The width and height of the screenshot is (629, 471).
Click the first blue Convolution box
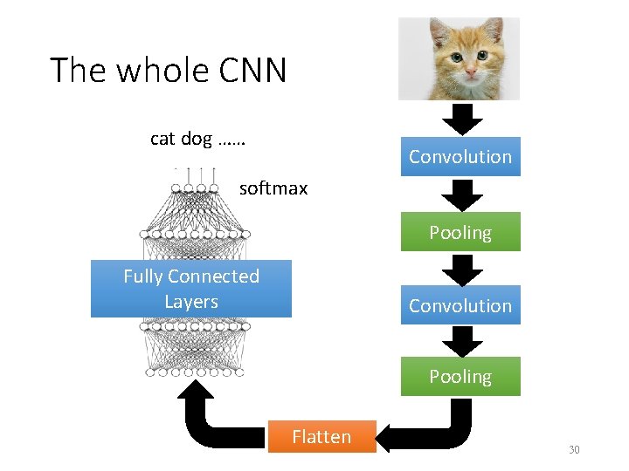point(460,157)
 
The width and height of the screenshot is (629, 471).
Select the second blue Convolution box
point(460,305)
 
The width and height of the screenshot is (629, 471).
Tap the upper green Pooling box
point(460,232)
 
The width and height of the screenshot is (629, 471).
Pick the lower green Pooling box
point(460,377)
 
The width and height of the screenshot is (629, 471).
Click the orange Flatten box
point(321,437)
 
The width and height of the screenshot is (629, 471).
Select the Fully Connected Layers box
point(191,289)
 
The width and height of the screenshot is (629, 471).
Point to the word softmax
point(273,188)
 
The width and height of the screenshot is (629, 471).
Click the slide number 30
point(574,450)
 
